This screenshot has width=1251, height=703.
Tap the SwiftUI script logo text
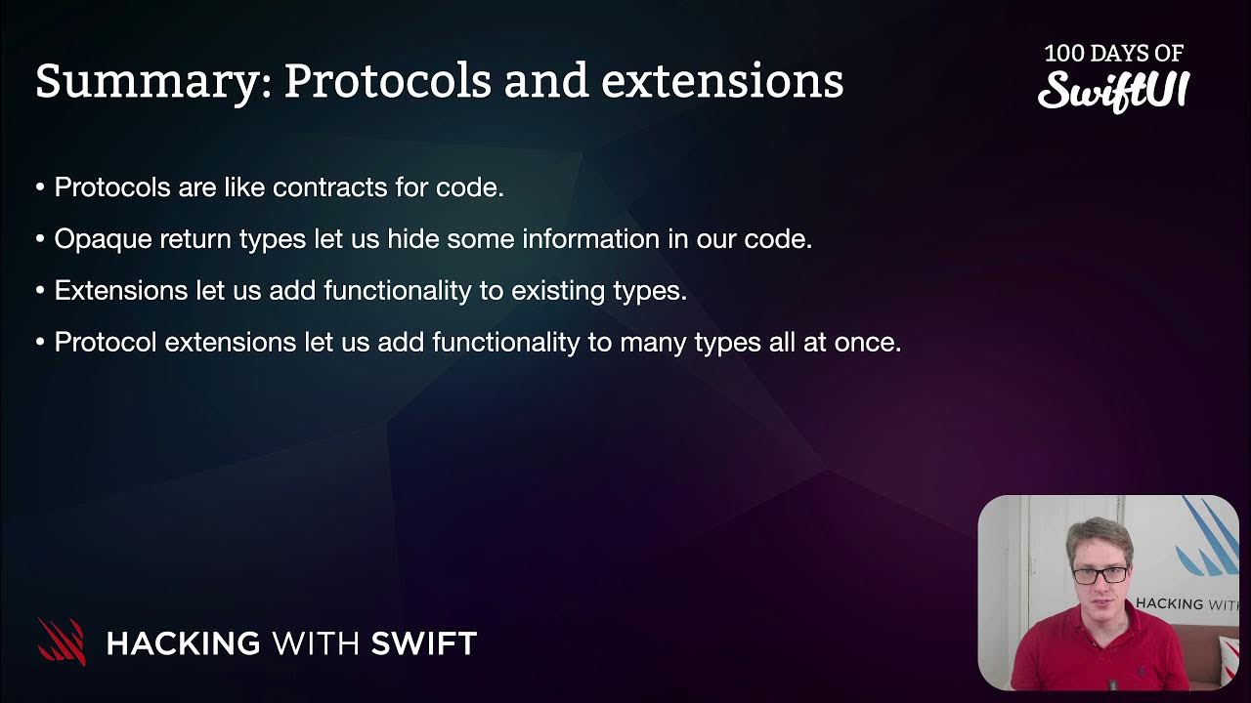pos(1113,90)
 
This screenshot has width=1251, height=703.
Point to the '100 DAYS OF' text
pos(1113,53)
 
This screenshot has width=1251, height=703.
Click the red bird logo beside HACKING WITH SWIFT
pos(62,641)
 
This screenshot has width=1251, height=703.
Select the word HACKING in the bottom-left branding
pos(183,643)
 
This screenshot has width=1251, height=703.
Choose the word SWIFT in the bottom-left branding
pos(423,643)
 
